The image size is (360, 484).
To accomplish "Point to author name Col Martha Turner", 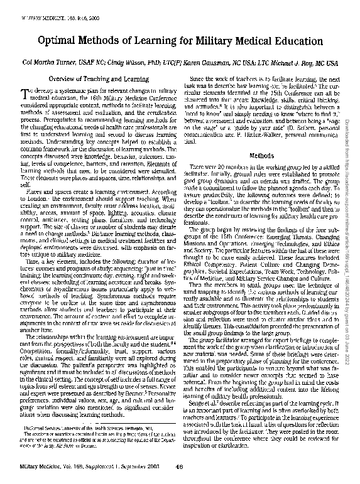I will [50, 63].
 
